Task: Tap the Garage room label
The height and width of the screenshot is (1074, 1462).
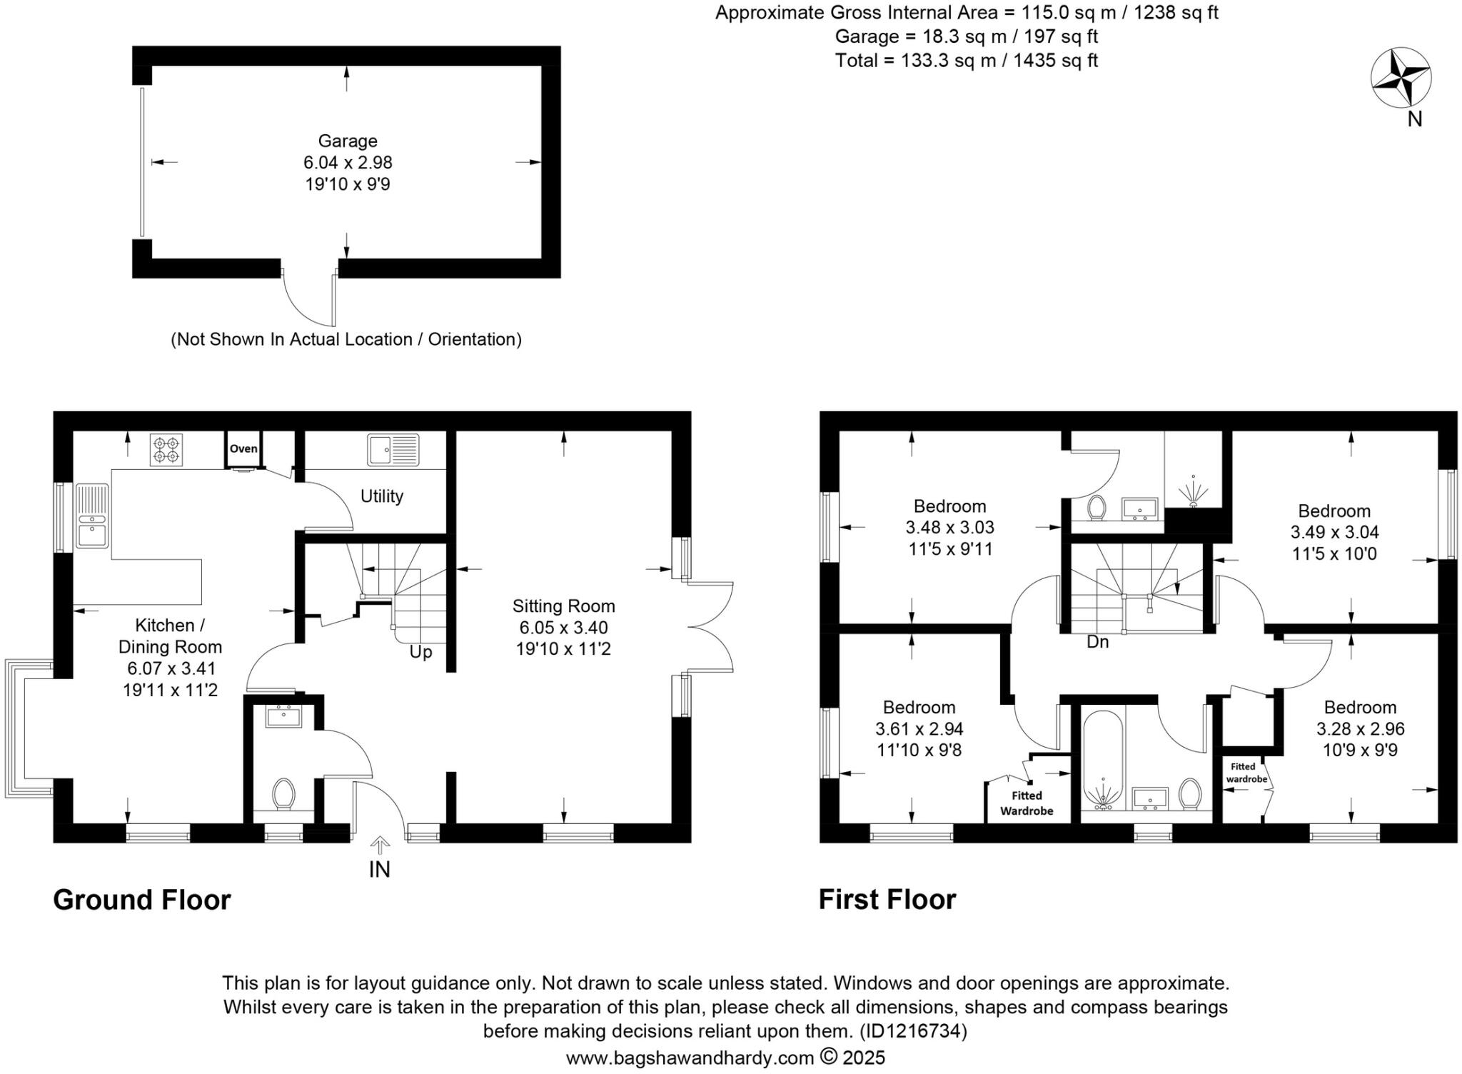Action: pyautogui.click(x=348, y=141)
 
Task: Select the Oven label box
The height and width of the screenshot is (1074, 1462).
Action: pyautogui.click(x=243, y=449)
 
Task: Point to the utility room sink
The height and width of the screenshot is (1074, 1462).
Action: pyautogui.click(x=393, y=450)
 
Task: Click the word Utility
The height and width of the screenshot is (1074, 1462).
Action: pyautogui.click(x=382, y=496)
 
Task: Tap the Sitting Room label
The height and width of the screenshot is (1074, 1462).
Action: pyautogui.click(x=563, y=606)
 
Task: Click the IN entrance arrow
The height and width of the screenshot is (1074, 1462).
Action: pyautogui.click(x=380, y=846)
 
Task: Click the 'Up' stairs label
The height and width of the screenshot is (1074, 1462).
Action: pyautogui.click(x=420, y=652)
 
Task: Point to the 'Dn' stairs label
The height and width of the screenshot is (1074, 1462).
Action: pyautogui.click(x=1097, y=642)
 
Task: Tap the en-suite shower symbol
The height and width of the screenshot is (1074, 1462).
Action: pyautogui.click(x=1193, y=491)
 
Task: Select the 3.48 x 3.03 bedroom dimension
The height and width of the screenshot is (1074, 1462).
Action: pyautogui.click(x=949, y=528)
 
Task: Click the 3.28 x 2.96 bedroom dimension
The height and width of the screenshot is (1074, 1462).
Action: pyautogui.click(x=1360, y=729)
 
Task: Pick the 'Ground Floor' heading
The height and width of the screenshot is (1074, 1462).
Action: pyautogui.click(x=142, y=900)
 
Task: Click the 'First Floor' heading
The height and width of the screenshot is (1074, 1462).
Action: pyautogui.click(x=887, y=900)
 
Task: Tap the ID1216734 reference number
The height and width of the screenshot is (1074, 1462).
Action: pyautogui.click(x=914, y=1030)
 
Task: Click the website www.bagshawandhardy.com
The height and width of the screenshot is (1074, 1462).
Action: pyautogui.click(x=690, y=1058)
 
